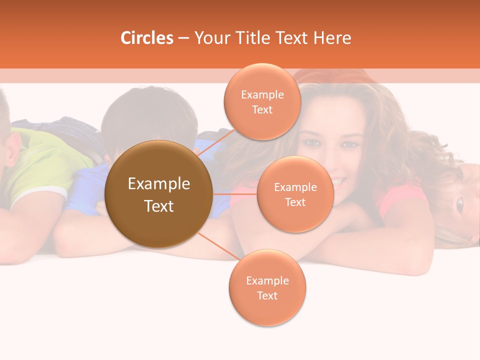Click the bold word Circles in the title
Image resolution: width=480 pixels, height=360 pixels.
coord(146,38)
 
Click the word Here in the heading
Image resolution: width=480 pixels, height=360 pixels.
coord(332,38)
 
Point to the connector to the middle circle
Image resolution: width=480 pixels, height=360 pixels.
coord(234,193)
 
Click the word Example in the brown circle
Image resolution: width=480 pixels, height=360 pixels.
coord(158,184)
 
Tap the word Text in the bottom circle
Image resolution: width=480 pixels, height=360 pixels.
coord(267,296)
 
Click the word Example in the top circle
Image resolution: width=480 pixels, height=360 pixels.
coord(262,94)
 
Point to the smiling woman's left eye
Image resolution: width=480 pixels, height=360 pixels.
coord(349,144)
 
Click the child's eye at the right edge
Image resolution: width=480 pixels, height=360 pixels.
coord(459,203)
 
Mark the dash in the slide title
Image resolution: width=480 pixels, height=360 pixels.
coord(183,38)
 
